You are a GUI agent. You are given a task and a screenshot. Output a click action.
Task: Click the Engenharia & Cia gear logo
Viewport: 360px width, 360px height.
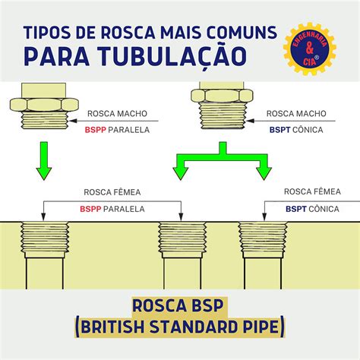coord(310,49)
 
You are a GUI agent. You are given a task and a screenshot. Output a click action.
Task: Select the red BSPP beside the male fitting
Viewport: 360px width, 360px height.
coord(96,130)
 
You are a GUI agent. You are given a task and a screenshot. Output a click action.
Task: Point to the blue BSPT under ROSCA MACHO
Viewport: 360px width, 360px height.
coord(279,130)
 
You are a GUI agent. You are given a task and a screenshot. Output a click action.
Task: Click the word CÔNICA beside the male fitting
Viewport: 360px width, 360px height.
coord(308,130)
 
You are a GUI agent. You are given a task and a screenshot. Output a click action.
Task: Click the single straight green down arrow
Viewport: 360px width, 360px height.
coord(44,161)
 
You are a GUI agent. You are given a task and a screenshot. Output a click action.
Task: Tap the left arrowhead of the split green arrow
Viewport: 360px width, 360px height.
coord(180,174)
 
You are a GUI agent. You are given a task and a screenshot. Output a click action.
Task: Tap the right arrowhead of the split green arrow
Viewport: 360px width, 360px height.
coord(264,174)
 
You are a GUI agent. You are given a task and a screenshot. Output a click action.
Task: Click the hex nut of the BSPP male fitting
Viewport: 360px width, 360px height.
coord(44,105)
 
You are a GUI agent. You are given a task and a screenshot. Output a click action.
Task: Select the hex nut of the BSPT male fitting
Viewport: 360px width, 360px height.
coord(222,96)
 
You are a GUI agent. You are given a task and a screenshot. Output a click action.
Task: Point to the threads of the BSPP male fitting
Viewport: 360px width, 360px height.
coord(44,120)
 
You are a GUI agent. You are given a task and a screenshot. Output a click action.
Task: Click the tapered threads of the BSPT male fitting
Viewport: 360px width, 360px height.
coord(223,116)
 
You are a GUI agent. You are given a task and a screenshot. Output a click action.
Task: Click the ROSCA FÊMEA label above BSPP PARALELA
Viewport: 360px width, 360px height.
coord(112,192)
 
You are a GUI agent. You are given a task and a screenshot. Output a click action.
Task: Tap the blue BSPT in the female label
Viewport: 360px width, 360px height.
coord(296,209)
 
